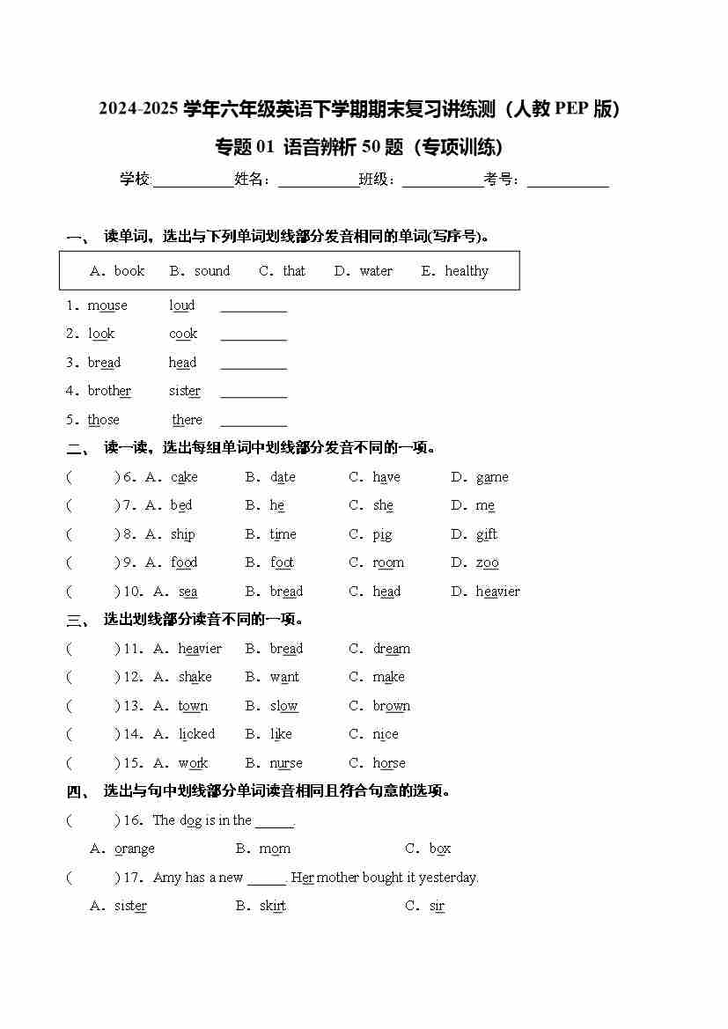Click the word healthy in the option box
click(x=466, y=271)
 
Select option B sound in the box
click(x=211, y=271)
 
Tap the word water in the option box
click(x=376, y=271)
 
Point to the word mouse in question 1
click(x=107, y=305)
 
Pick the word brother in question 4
click(x=109, y=391)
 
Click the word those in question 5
click(x=103, y=420)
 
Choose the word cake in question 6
click(x=184, y=477)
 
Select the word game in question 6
click(x=492, y=477)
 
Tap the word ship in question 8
click(x=182, y=534)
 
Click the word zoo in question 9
click(x=487, y=562)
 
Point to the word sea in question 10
click(x=188, y=592)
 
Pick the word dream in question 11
click(x=391, y=649)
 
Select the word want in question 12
click(x=284, y=677)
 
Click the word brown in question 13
click(x=391, y=706)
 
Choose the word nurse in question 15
click(x=286, y=763)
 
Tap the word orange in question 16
click(x=134, y=849)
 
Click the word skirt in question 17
click(x=272, y=906)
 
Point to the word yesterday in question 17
click(x=448, y=878)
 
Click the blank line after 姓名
click(x=318, y=181)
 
